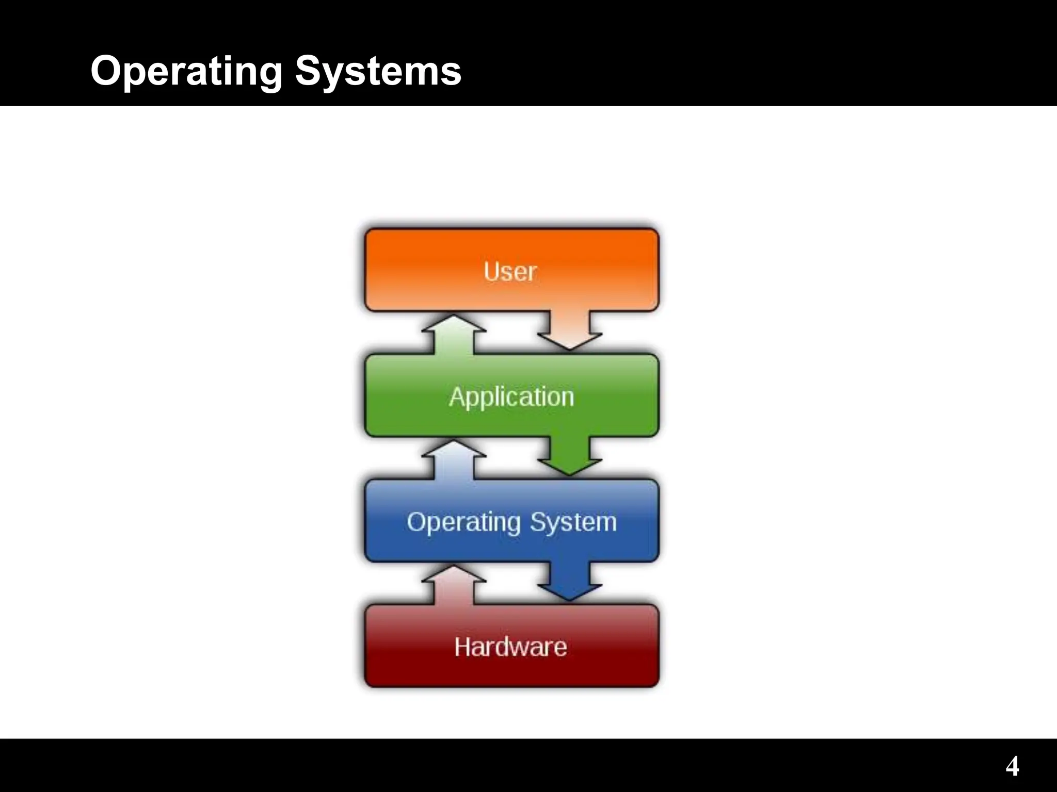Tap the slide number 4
[1012, 766]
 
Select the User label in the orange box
[510, 271]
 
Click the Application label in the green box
[511, 397]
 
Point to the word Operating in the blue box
[463, 522]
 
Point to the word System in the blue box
[573, 522]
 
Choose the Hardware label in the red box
[510, 647]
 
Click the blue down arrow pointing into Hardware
[569, 583]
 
